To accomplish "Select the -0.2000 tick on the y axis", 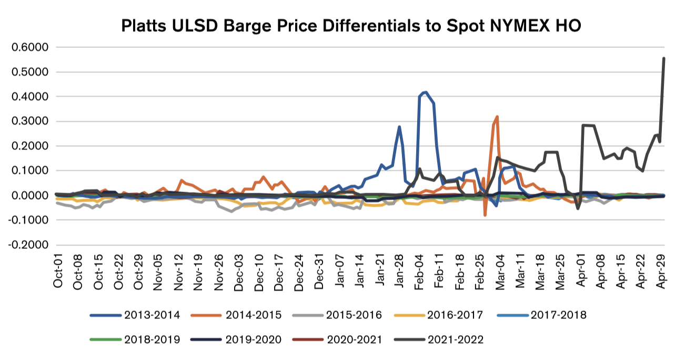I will tap(28, 245).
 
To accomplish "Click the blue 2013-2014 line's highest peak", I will tap(425, 93).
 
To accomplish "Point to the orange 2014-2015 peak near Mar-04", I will tap(497, 117).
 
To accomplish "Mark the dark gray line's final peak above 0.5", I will tap(663, 58).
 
